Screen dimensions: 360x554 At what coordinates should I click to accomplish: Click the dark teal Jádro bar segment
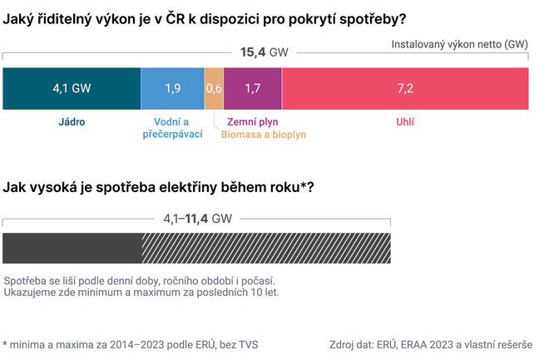point(72,88)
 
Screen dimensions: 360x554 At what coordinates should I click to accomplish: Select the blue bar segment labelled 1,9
point(173,88)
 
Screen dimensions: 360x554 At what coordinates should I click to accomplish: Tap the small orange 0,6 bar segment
point(214,88)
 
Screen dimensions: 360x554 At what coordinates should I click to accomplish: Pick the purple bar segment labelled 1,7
point(253,88)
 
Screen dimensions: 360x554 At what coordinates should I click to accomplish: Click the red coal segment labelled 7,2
point(405,88)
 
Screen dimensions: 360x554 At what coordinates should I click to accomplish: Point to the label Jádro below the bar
point(72,122)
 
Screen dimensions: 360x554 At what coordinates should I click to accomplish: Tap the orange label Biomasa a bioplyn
point(264,134)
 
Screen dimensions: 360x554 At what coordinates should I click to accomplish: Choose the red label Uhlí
point(404,122)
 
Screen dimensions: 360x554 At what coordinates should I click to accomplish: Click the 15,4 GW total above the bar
point(265,52)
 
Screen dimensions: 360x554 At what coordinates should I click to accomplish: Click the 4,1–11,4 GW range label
point(197,219)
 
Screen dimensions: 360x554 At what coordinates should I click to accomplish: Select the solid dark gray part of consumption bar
point(72,248)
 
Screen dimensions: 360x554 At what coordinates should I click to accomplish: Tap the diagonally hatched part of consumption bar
point(266,248)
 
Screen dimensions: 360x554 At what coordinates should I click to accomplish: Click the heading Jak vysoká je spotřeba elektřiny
point(159,188)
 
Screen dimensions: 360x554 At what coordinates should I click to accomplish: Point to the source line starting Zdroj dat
point(431,343)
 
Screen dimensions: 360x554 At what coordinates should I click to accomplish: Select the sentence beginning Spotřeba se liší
point(140,281)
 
